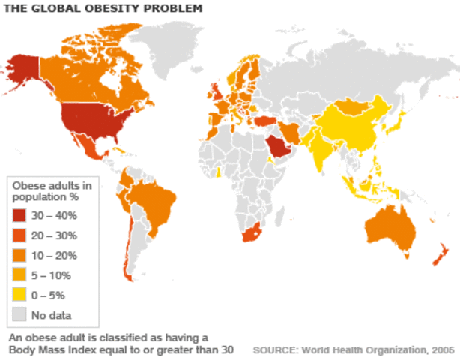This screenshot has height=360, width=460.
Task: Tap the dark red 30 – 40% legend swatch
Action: click(20, 216)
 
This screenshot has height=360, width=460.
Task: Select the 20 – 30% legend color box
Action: click(20, 235)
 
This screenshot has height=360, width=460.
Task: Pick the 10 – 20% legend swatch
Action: click(20, 255)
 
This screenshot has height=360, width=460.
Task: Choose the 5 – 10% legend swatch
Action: click(20, 274)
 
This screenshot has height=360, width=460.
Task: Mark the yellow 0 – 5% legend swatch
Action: click(20, 294)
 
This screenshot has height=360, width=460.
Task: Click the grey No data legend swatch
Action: click(20, 313)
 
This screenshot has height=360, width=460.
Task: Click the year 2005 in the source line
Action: click(441, 349)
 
